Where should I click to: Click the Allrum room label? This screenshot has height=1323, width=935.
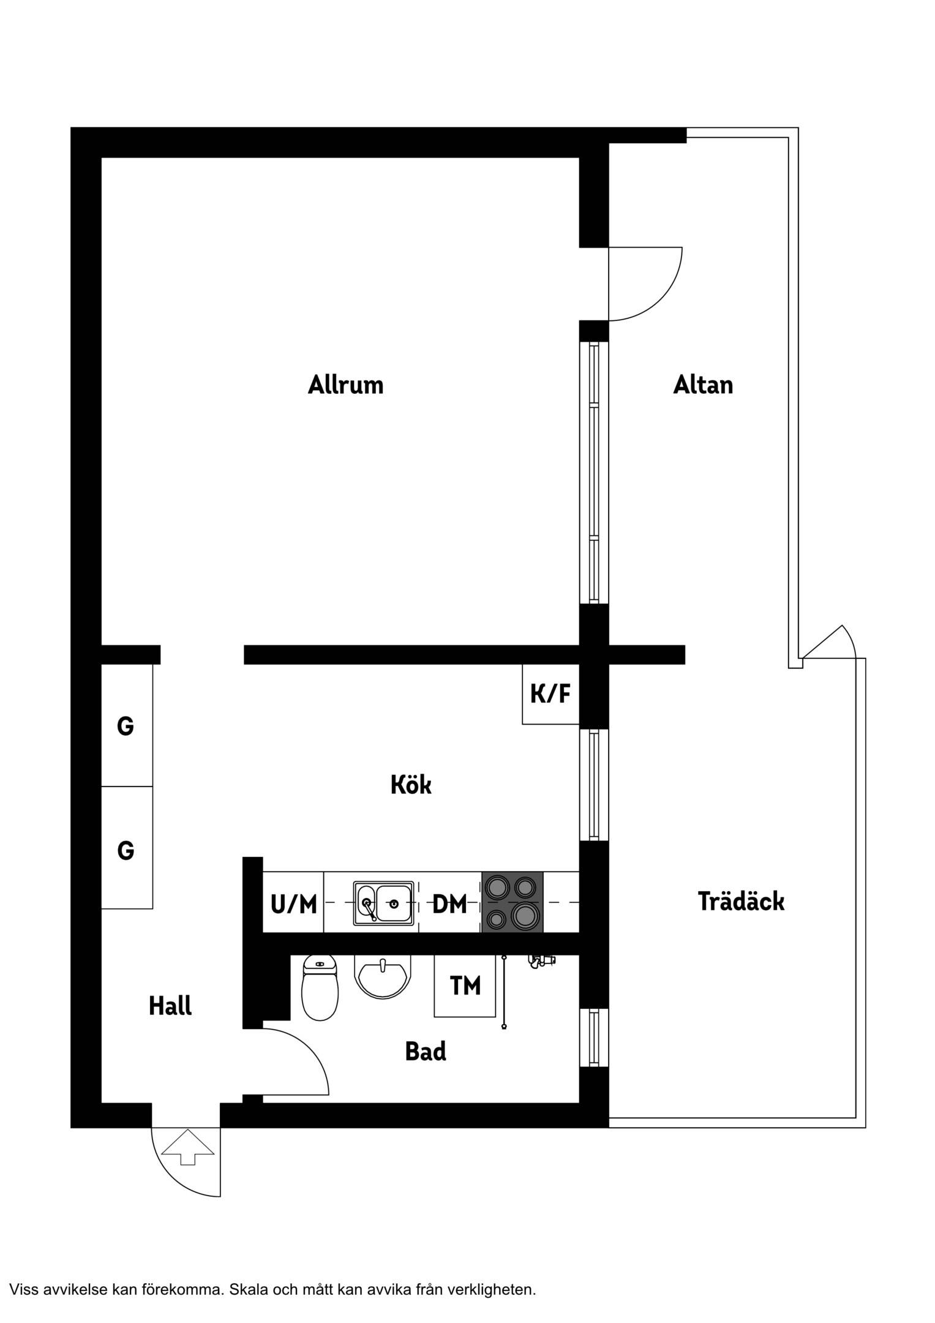[345, 385]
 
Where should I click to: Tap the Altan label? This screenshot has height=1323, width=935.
[703, 385]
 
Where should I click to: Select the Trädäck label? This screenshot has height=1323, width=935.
[741, 901]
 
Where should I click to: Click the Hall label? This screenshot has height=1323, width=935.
[170, 1006]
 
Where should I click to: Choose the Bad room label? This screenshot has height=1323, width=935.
[426, 1052]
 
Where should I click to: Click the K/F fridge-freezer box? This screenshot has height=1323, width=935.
[550, 694]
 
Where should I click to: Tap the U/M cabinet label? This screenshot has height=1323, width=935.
[294, 904]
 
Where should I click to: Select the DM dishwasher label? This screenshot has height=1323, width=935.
[449, 904]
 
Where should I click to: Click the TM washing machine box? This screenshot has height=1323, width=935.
[465, 986]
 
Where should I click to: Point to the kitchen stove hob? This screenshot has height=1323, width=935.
[513, 902]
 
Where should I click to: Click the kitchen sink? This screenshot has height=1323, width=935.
[384, 903]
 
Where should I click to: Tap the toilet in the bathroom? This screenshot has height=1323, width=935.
[320, 987]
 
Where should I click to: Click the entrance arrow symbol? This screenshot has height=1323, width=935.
[187, 1147]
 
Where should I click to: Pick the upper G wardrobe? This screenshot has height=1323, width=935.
[127, 725]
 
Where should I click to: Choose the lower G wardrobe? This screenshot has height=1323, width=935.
[127, 848]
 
